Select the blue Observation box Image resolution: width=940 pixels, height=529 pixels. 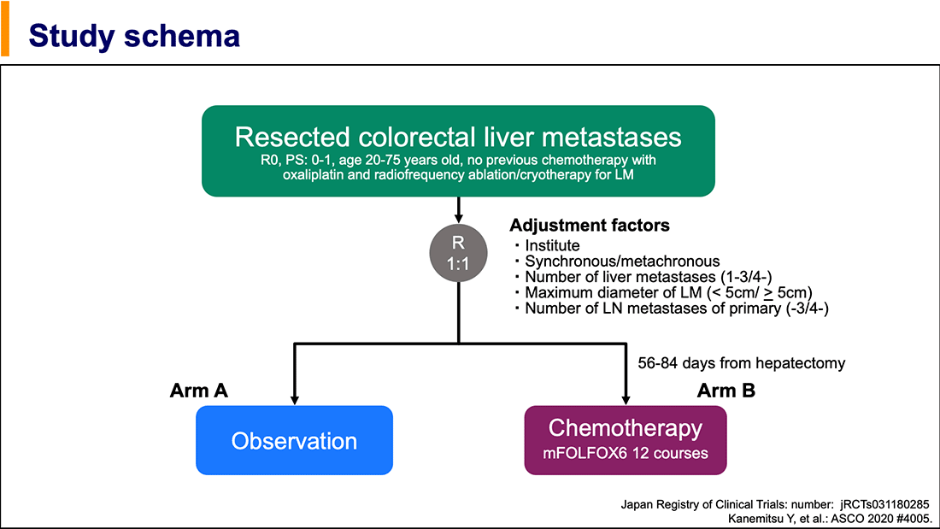click(x=294, y=441)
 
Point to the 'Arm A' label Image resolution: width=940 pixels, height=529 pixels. click(x=199, y=391)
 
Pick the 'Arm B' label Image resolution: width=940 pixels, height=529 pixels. click(x=726, y=391)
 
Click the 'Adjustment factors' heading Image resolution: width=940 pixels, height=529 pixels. click(x=590, y=226)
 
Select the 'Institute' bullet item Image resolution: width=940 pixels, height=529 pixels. click(x=552, y=246)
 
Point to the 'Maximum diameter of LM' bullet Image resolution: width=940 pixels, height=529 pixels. click(x=668, y=292)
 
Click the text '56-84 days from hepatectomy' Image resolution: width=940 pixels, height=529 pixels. click(x=742, y=363)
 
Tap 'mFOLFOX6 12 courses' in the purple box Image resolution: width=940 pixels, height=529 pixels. click(x=626, y=453)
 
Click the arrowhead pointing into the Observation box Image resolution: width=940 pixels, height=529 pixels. click(x=295, y=399)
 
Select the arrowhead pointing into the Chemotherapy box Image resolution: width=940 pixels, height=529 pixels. click(x=626, y=399)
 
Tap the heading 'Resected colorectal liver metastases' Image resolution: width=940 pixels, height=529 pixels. click(x=458, y=137)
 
